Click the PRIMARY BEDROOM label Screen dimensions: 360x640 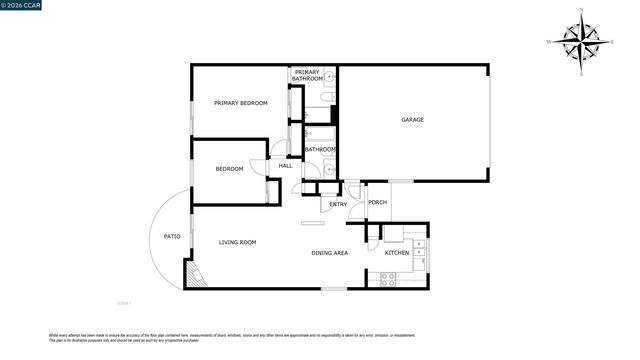pyautogui.click(x=240, y=103)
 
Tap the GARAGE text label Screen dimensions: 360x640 pyautogui.click(x=412, y=120)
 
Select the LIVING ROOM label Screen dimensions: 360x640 pyautogui.click(x=238, y=242)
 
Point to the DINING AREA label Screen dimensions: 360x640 pyautogui.click(x=329, y=253)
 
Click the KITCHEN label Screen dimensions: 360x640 pyautogui.click(x=397, y=253)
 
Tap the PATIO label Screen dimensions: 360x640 pyautogui.click(x=172, y=236)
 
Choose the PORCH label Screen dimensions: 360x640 pyautogui.click(x=377, y=203)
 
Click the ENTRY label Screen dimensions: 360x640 pyautogui.click(x=338, y=205)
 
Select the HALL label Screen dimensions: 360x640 pyautogui.click(x=285, y=166)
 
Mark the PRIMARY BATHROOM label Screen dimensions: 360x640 pyautogui.click(x=307, y=75)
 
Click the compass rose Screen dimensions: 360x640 pyautogui.click(x=580, y=42)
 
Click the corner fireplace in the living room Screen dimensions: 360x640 pyautogui.click(x=194, y=275)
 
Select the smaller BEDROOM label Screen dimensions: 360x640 pyautogui.click(x=229, y=169)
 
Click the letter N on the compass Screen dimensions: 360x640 pyautogui.click(x=580, y=10)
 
